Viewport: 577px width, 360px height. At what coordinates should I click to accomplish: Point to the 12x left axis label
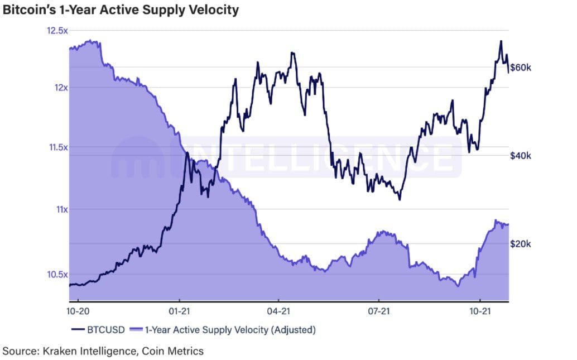[59, 88]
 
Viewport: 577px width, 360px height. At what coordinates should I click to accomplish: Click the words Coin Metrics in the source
[173, 351]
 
